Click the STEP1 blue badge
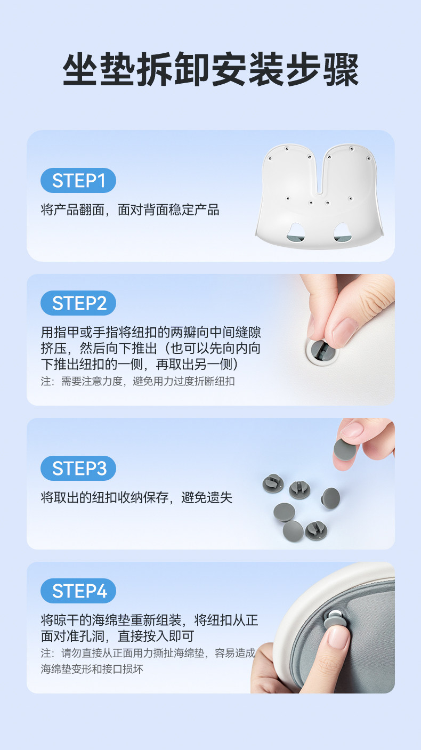(x=78, y=181)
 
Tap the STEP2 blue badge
(x=78, y=303)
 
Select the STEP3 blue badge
(x=78, y=468)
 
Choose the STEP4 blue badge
(x=78, y=591)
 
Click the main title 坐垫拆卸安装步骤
(x=210, y=69)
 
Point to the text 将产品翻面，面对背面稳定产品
(x=130, y=210)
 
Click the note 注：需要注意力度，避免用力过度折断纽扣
(x=137, y=381)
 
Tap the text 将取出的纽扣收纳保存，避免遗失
(x=136, y=497)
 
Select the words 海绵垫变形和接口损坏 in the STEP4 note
(x=92, y=669)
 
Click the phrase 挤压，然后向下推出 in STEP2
(x=99, y=348)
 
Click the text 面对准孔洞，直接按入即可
(x=117, y=636)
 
